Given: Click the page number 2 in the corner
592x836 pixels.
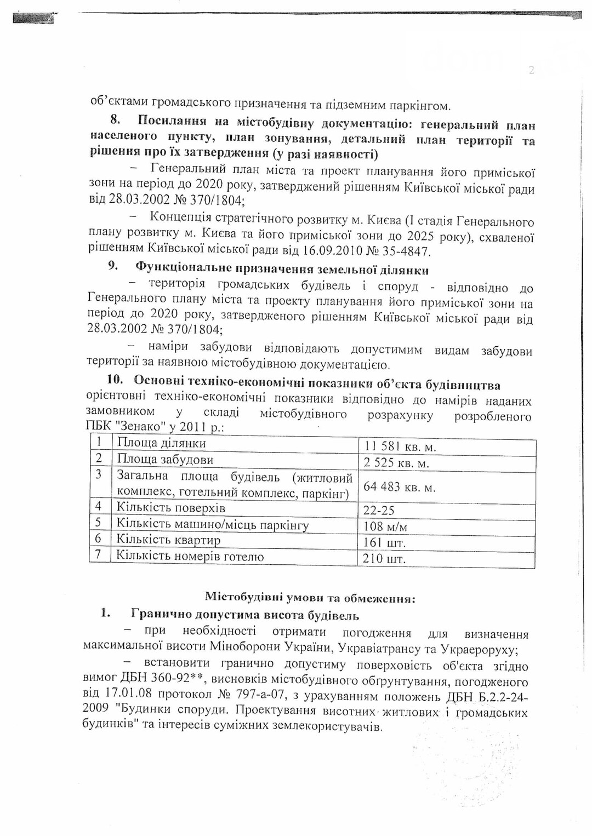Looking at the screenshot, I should click(x=531, y=70).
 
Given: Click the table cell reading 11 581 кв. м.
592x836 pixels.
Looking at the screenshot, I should click(x=400, y=447).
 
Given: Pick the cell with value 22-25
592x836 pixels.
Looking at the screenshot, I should click(x=379, y=511).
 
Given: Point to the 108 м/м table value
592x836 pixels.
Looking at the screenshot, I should click(x=385, y=527).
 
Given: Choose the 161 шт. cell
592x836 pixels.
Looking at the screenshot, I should click(x=384, y=543).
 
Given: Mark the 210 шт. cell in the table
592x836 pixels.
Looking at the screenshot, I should click(x=384, y=559).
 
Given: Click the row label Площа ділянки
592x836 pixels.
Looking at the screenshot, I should click(x=161, y=443).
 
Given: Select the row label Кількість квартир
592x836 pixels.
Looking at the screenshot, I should click(x=168, y=540).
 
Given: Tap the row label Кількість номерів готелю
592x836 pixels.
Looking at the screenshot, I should click(x=190, y=557).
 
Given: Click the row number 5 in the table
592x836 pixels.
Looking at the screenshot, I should click(x=99, y=523).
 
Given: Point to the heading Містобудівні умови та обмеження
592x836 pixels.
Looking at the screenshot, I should click(x=310, y=598).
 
